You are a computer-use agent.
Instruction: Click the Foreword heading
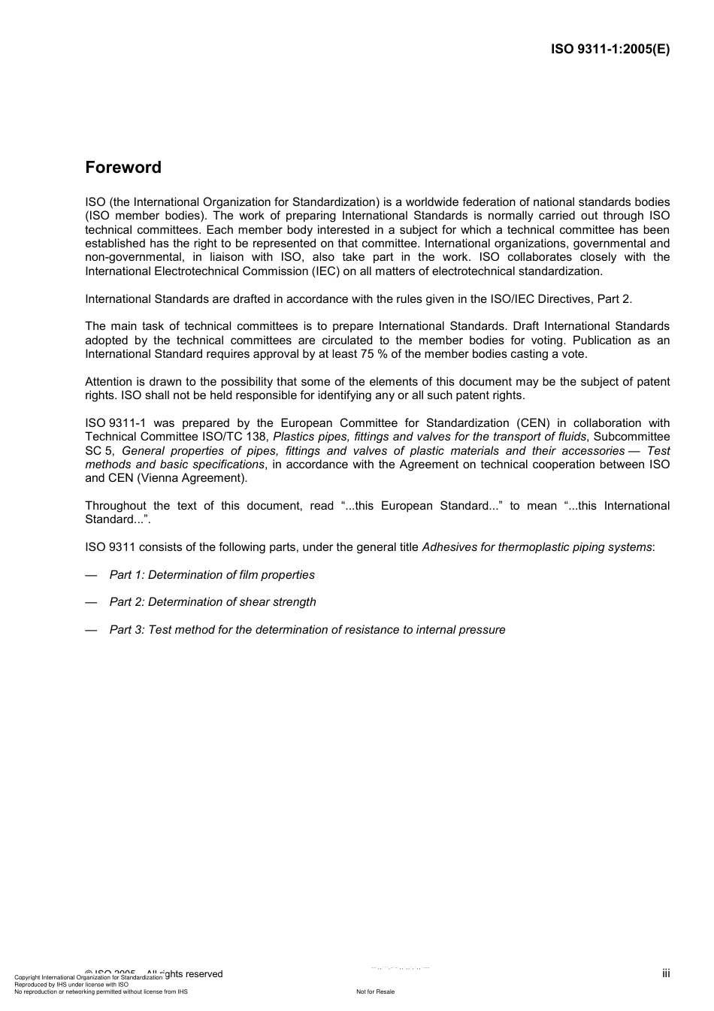tap(123, 168)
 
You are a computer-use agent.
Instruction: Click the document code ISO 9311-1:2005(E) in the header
tap(610, 50)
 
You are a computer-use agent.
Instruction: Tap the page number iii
tap(665, 973)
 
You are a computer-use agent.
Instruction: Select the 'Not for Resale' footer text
tap(375, 991)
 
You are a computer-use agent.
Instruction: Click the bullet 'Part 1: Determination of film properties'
tap(212, 575)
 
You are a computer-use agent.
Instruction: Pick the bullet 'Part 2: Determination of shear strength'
tap(213, 602)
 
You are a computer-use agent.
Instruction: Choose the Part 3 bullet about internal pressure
tap(307, 630)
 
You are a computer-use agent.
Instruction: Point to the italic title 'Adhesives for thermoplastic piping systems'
tap(537, 547)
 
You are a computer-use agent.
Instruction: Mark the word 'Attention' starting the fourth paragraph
tap(110, 382)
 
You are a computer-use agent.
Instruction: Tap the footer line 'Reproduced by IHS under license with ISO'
tap(71, 985)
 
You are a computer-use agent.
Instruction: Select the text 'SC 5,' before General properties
tap(99, 451)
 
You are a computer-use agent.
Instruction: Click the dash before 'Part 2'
tap(91, 602)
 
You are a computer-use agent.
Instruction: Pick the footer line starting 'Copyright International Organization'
tap(88, 978)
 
